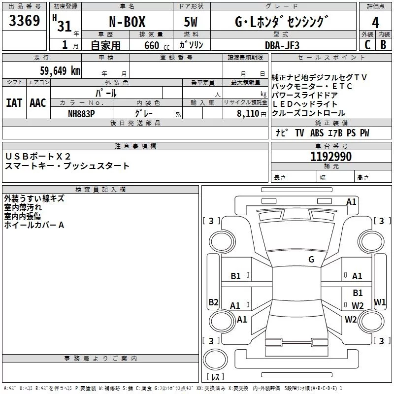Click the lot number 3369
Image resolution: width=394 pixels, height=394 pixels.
[25, 22]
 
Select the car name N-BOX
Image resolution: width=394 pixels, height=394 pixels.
[127, 23]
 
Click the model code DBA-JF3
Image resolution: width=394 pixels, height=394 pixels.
[282, 45]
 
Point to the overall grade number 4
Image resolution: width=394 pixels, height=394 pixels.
[376, 23]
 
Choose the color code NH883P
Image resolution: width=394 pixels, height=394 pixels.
[81, 113]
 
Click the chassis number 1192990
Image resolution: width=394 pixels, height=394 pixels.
[331, 157]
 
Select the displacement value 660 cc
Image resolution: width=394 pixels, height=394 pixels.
[148, 45]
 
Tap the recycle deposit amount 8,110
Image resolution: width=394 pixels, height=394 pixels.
[248, 113]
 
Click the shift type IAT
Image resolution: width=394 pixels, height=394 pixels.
[14, 103]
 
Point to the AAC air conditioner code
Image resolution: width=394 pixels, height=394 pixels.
[38, 103]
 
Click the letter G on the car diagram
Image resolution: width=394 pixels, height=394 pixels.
[311, 259]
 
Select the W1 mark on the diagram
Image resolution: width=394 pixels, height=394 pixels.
[380, 302]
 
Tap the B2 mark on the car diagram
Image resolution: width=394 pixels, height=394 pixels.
[213, 302]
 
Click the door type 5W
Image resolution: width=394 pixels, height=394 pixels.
[192, 23]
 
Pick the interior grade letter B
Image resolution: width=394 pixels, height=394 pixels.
[383, 44]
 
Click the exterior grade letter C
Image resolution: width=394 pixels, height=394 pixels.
[367, 44]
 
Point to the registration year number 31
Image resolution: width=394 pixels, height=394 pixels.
[65, 26]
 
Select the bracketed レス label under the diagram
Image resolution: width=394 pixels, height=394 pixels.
[215, 377]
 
